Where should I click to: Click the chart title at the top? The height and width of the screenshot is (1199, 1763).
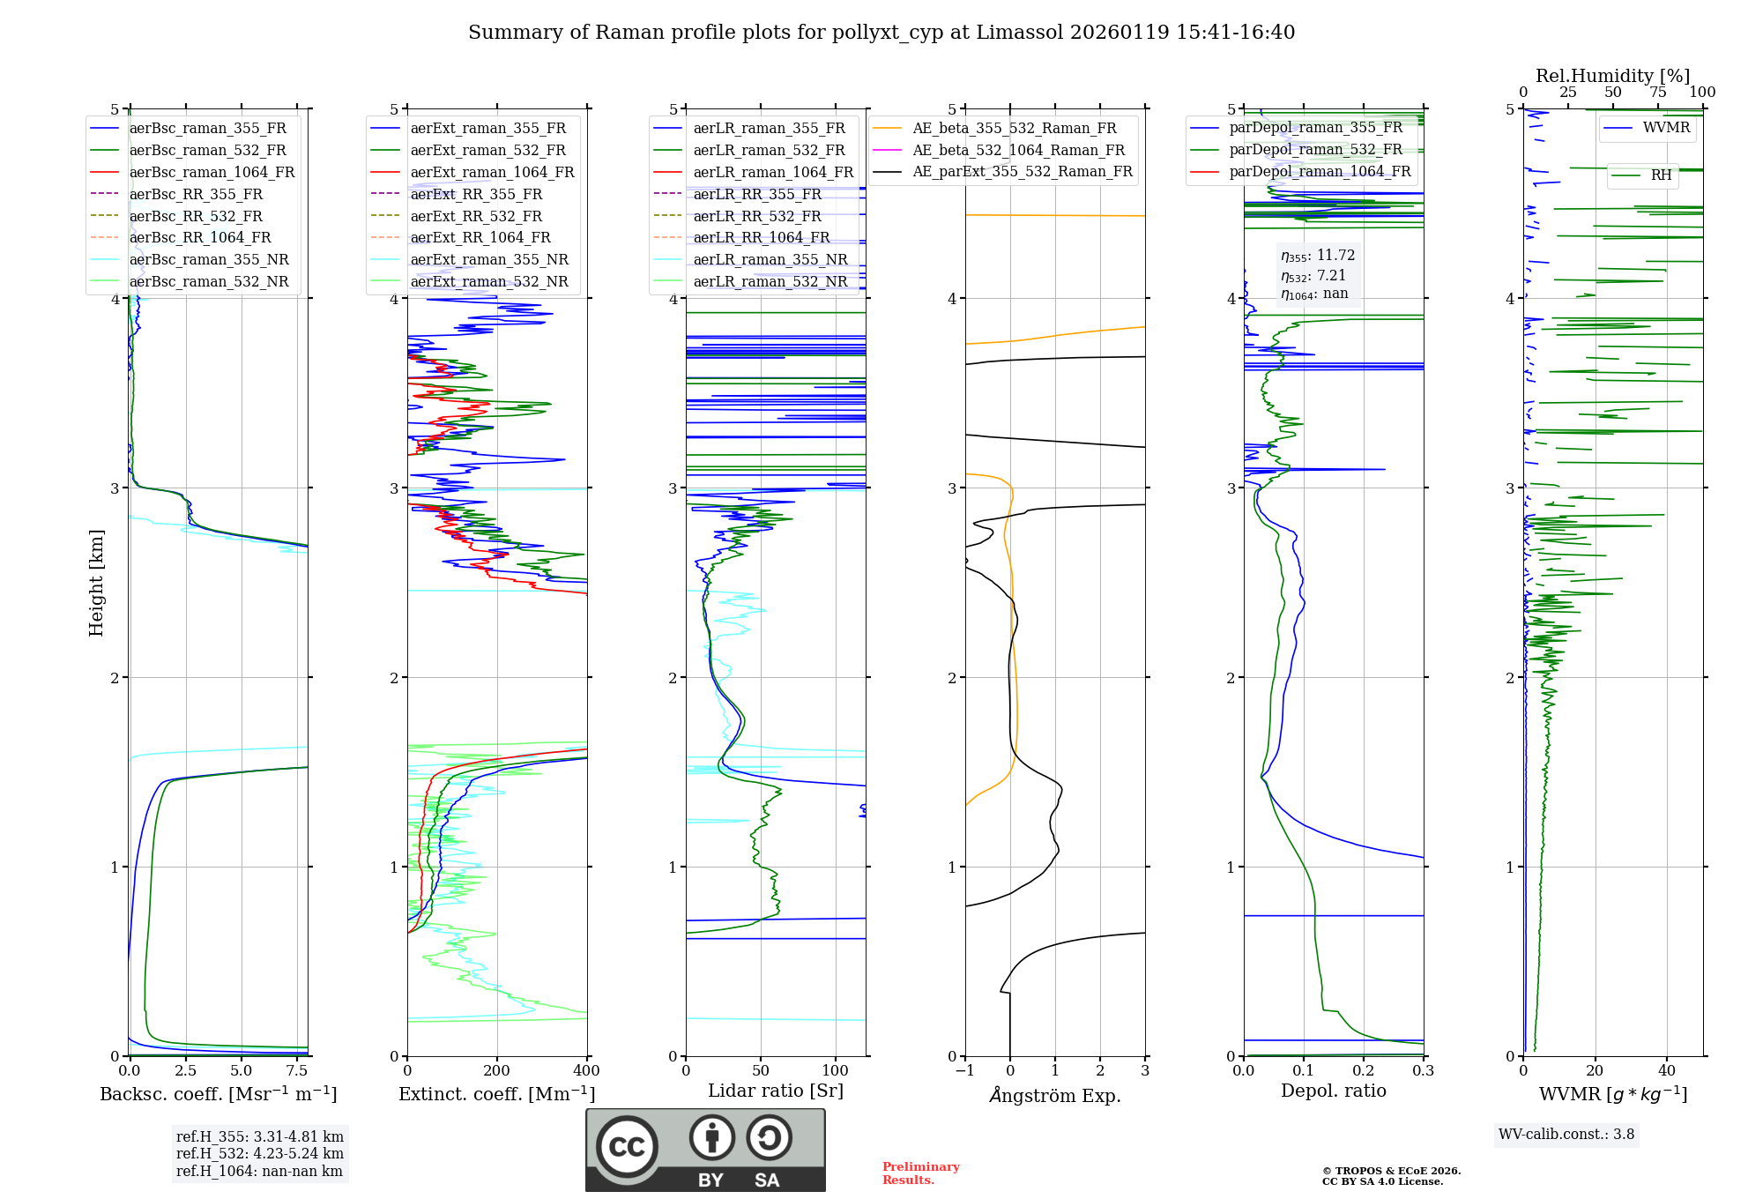[881, 33]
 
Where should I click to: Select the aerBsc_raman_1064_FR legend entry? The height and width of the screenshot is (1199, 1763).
[212, 173]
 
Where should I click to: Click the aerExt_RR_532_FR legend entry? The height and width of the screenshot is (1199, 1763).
[476, 216]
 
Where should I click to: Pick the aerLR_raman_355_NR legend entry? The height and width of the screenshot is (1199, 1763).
[770, 260]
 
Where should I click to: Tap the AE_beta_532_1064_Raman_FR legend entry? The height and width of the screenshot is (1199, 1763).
[1018, 151]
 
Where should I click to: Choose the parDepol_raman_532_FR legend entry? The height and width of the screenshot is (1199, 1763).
[1315, 150]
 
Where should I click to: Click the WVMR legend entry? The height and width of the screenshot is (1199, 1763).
[1666, 128]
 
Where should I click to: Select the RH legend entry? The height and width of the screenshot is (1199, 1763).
[1661, 175]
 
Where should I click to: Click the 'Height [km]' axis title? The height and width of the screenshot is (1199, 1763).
[97, 583]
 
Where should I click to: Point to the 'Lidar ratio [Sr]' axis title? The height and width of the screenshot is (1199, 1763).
[776, 1091]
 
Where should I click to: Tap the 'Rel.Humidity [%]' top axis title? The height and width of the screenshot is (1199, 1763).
[1612, 76]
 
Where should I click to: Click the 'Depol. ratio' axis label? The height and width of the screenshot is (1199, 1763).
[1333, 1091]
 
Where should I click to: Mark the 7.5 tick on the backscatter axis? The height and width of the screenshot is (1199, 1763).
[297, 1071]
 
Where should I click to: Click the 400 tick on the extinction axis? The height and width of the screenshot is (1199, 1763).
[586, 1071]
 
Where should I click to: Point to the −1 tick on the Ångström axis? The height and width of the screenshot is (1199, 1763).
[965, 1071]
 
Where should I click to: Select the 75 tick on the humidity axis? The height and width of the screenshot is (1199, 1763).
[1657, 93]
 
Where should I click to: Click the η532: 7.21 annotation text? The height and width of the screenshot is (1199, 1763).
[1313, 276]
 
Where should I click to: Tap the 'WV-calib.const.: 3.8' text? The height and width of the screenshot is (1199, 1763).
[1566, 1135]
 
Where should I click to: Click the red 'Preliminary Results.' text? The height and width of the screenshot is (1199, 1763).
[920, 1173]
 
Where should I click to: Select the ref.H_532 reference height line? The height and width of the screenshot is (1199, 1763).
[259, 1154]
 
